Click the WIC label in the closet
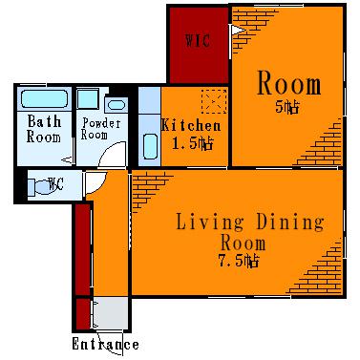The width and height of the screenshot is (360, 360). (x=198, y=41)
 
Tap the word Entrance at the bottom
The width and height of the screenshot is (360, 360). (x=105, y=345)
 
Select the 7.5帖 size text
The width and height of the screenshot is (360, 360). (x=239, y=261)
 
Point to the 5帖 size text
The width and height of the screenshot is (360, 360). (x=287, y=107)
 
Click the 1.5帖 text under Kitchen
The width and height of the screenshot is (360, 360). (x=192, y=143)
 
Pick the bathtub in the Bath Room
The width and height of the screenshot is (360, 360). (x=45, y=98)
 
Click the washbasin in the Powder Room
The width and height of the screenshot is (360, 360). (x=116, y=105)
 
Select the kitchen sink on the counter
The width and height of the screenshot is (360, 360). (x=150, y=146)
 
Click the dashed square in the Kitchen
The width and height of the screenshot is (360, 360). (x=214, y=101)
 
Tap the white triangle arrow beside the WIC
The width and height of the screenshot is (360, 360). (x=238, y=31)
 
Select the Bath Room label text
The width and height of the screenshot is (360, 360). (x=44, y=129)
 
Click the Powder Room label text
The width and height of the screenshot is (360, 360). (x=100, y=129)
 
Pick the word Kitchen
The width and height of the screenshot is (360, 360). (x=191, y=125)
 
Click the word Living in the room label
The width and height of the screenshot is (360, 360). (x=210, y=222)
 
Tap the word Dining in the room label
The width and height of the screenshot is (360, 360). (x=290, y=222)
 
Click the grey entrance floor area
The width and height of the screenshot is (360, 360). (x=111, y=313)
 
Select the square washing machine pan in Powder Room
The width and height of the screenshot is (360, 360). (x=88, y=99)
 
